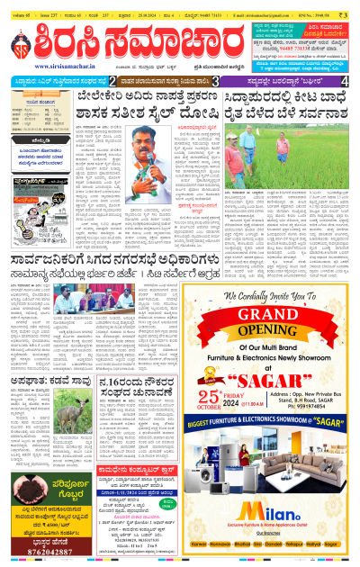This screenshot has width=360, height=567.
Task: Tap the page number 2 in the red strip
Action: click(x=112, y=81)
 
